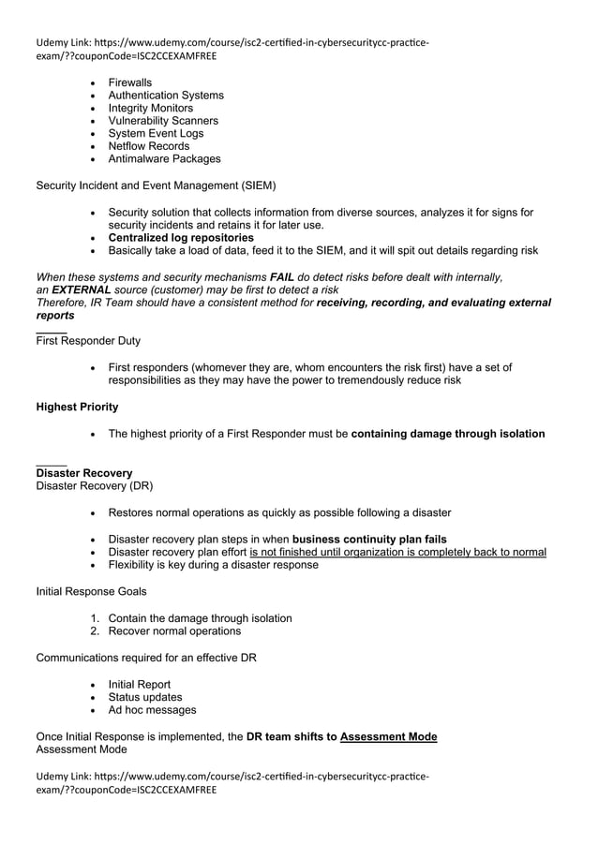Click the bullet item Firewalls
(129, 82)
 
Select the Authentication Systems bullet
(166, 96)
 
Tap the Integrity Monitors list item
(150, 108)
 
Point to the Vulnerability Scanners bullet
(163, 121)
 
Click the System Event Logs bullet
(156, 133)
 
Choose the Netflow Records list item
(148, 146)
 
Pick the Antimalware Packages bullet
(164, 158)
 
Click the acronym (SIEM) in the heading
(258, 185)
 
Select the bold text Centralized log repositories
(181, 238)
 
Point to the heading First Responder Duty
(88, 341)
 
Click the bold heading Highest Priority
(77, 407)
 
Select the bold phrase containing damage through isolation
(447, 434)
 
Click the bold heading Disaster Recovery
(83, 473)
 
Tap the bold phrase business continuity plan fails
(369, 539)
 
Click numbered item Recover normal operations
(174, 630)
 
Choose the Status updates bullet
(145, 697)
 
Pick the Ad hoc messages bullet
(152, 710)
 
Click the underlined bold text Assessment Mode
(388, 736)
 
